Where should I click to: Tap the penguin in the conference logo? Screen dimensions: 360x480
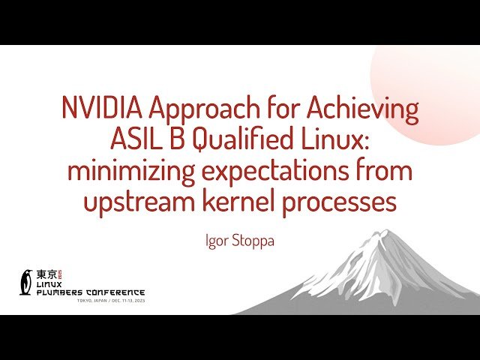point(26,281)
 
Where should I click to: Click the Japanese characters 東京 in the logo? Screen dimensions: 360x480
point(46,274)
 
